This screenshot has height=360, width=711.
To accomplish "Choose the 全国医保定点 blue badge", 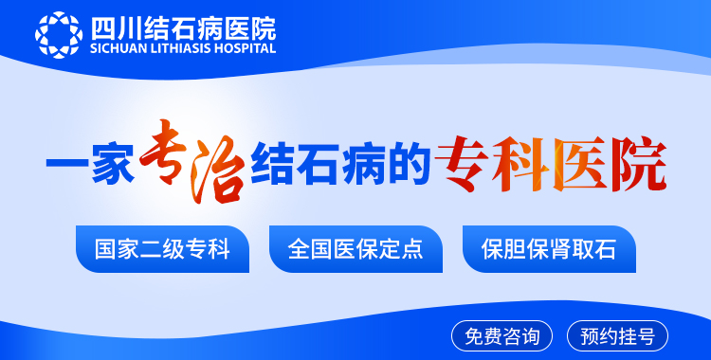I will [x=355, y=250].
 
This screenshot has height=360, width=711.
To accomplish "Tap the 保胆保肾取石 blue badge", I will [x=549, y=250].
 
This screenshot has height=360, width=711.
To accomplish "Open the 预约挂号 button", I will [x=617, y=335].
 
